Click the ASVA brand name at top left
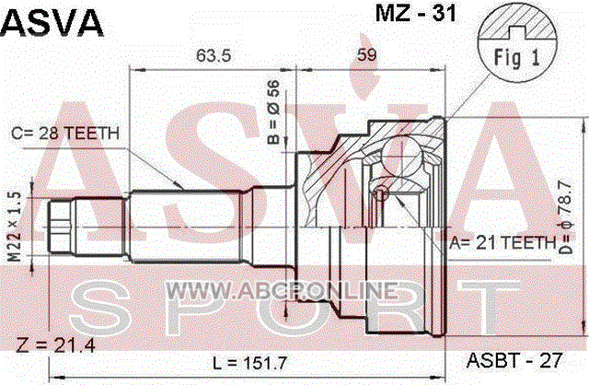point(52,23)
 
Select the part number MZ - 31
point(416,14)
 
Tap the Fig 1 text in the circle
point(517,58)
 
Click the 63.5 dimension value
point(214,55)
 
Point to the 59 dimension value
point(366,55)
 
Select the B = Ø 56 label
point(274,112)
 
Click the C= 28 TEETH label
point(65,134)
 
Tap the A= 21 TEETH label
point(502,243)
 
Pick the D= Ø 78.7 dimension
point(565,217)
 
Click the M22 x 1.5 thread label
point(15,227)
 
